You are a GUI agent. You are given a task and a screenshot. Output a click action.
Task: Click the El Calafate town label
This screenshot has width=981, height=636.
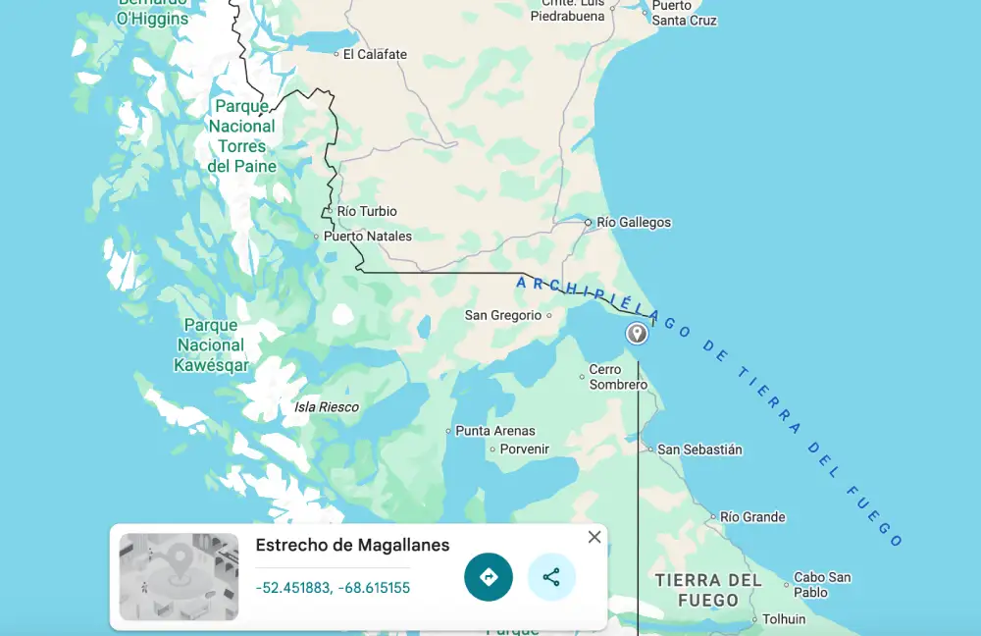pyautogui.click(x=375, y=54)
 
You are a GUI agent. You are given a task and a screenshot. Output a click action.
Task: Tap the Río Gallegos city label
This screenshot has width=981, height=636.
pyautogui.click(x=634, y=223)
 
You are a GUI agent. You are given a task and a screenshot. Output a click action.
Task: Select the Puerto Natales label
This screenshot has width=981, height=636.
pyautogui.click(x=368, y=237)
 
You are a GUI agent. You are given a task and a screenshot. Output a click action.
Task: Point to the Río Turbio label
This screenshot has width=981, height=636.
pyautogui.click(x=367, y=211)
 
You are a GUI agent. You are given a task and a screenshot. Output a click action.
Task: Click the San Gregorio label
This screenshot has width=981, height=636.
pyautogui.click(x=503, y=315)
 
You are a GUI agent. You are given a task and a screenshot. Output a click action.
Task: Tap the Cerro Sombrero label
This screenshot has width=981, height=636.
pyautogui.click(x=618, y=377)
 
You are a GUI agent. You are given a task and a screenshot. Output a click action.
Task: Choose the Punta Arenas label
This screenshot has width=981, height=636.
pyautogui.click(x=495, y=431)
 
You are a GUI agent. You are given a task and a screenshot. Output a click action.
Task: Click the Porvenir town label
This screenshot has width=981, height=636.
pyautogui.click(x=525, y=450)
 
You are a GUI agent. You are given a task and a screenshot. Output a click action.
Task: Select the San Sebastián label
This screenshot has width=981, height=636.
pyautogui.click(x=699, y=450)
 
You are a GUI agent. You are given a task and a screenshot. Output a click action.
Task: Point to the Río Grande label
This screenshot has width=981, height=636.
pyautogui.click(x=752, y=517)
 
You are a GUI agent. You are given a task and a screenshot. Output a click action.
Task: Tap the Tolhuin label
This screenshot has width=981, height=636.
pyautogui.click(x=784, y=619)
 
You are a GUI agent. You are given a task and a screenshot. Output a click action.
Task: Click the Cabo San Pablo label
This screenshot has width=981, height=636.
pyautogui.click(x=822, y=585)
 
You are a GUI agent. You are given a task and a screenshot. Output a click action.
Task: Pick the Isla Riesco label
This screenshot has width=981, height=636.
pyautogui.click(x=327, y=407)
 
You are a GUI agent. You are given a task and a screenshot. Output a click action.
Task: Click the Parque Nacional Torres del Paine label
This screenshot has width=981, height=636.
pyautogui.click(x=242, y=136)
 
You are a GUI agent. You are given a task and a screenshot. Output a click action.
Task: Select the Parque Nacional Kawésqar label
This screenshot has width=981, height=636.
pyautogui.click(x=211, y=345)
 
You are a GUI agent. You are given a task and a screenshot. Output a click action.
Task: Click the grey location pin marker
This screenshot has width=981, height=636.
pyautogui.click(x=637, y=334)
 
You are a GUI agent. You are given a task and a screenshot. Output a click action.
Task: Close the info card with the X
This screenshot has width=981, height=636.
pyautogui.click(x=594, y=537)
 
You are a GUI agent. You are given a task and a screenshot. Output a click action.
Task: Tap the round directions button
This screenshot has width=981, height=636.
pyautogui.click(x=489, y=577)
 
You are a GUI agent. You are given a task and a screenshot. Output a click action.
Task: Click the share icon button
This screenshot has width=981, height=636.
pyautogui.click(x=551, y=577)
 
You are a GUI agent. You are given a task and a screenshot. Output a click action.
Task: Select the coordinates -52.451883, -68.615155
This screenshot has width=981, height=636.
pyautogui.click(x=333, y=588)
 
